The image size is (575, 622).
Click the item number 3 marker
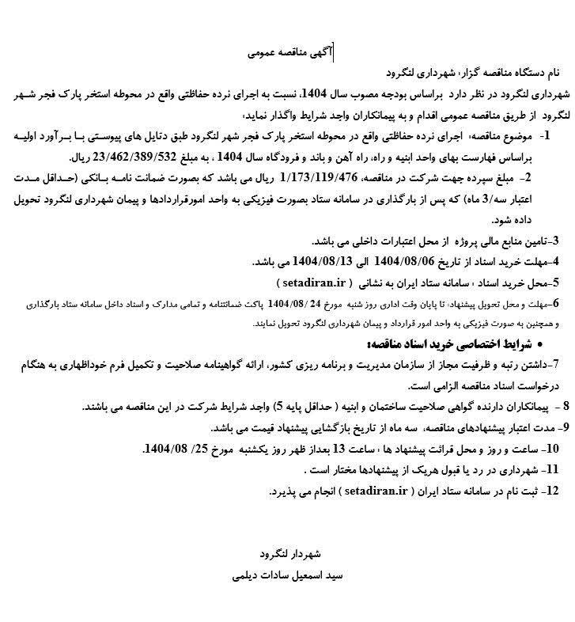(x=555, y=241)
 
